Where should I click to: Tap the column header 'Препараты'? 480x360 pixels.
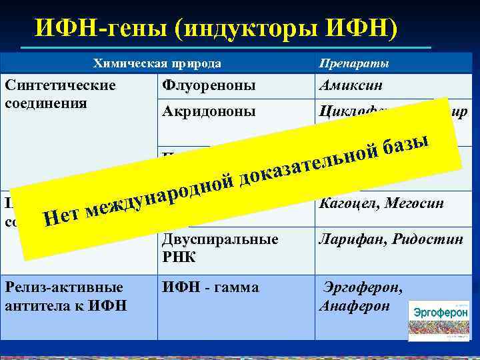[354, 64]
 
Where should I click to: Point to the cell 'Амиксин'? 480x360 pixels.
[347, 87]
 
